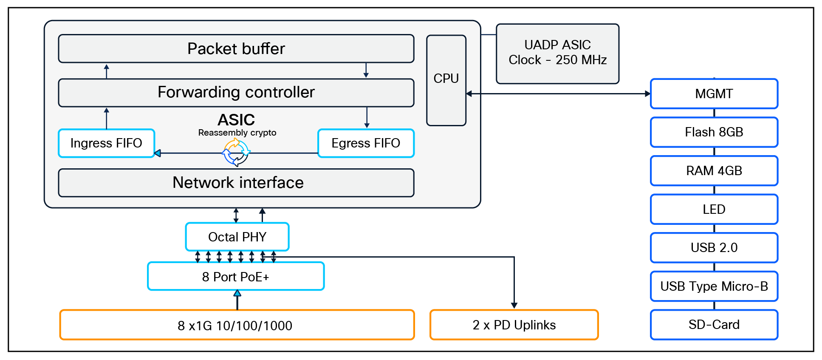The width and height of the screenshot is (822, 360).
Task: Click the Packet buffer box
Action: coord(236,48)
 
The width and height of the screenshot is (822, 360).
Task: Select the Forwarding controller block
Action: coord(236,92)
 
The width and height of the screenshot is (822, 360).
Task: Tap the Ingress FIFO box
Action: coord(106,143)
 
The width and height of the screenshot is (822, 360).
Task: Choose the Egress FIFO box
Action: coord(366,143)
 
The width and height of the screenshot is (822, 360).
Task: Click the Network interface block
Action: coord(236,183)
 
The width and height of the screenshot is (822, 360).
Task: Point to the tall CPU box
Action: coord(446,80)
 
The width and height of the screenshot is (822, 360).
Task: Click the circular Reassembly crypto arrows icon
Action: coord(236,152)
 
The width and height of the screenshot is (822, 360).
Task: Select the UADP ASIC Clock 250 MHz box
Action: coord(557,53)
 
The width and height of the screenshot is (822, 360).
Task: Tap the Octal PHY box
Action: coord(237,237)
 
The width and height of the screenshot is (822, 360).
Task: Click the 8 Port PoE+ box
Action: coord(236,277)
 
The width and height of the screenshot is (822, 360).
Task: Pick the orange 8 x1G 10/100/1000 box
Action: coord(237,325)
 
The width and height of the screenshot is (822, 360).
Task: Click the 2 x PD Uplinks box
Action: coord(514,325)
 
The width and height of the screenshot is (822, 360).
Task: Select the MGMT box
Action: coord(714,94)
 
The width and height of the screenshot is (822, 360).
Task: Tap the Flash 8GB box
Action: coord(714,132)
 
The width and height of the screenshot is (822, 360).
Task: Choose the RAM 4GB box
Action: coord(714,171)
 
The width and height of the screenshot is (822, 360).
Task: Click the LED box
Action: coord(714,209)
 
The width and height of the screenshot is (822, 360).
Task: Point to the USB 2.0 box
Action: coord(714,247)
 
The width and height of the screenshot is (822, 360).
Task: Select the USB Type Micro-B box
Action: coord(714,286)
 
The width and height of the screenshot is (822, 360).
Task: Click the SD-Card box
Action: coord(714,325)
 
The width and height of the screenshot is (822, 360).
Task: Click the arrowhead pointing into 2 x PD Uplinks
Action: coord(514,305)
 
